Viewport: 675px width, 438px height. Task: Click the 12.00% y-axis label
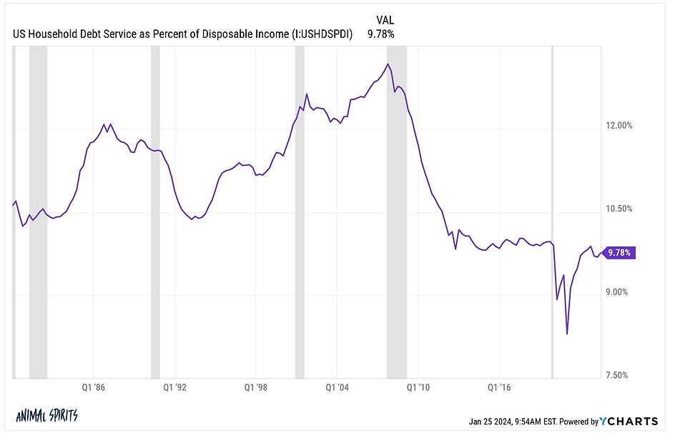(619, 126)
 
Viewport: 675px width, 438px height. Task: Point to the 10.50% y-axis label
(619, 209)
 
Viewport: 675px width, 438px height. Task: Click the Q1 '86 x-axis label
(94, 387)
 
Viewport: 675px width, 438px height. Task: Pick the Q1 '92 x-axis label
(175, 387)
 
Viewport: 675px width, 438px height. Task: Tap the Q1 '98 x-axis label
(257, 387)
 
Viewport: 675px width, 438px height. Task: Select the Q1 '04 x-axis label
(337, 387)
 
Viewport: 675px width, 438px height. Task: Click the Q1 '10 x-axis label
(419, 387)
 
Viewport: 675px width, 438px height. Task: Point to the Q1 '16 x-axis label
(500, 387)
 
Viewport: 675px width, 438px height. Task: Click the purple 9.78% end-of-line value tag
(619, 252)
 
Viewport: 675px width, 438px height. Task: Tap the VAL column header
(386, 20)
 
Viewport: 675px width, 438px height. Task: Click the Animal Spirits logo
(46, 417)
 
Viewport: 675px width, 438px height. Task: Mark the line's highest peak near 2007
(387, 64)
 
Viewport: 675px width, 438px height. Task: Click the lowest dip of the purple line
(567, 334)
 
